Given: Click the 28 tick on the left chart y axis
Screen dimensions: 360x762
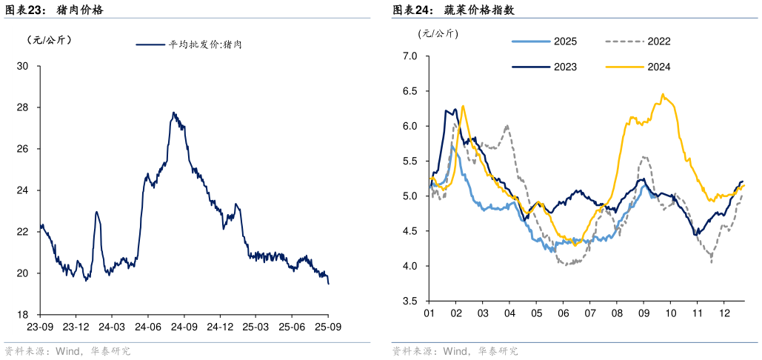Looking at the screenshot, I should click(x=22, y=107).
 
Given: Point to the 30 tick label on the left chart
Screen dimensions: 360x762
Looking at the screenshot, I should click(x=22, y=66).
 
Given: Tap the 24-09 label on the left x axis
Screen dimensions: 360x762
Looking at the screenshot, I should click(x=184, y=326).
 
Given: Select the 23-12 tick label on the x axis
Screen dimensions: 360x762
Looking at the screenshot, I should click(x=76, y=326).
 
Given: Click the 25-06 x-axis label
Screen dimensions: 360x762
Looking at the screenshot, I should click(x=292, y=326).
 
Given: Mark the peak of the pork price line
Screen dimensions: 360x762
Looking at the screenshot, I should click(x=173, y=113).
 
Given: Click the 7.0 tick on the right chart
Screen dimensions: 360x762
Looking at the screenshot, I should click(x=410, y=56).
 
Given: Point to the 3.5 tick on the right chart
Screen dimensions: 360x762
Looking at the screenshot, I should click(x=410, y=301).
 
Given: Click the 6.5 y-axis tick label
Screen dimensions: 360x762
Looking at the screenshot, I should click(x=410, y=91).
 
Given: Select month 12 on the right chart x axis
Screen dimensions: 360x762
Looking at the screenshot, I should click(x=723, y=313).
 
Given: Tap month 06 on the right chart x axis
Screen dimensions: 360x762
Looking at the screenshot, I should click(x=563, y=313).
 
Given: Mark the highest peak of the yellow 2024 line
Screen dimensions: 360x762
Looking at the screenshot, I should click(x=662, y=94).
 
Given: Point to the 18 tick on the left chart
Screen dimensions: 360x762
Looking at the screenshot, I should click(x=22, y=315).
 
